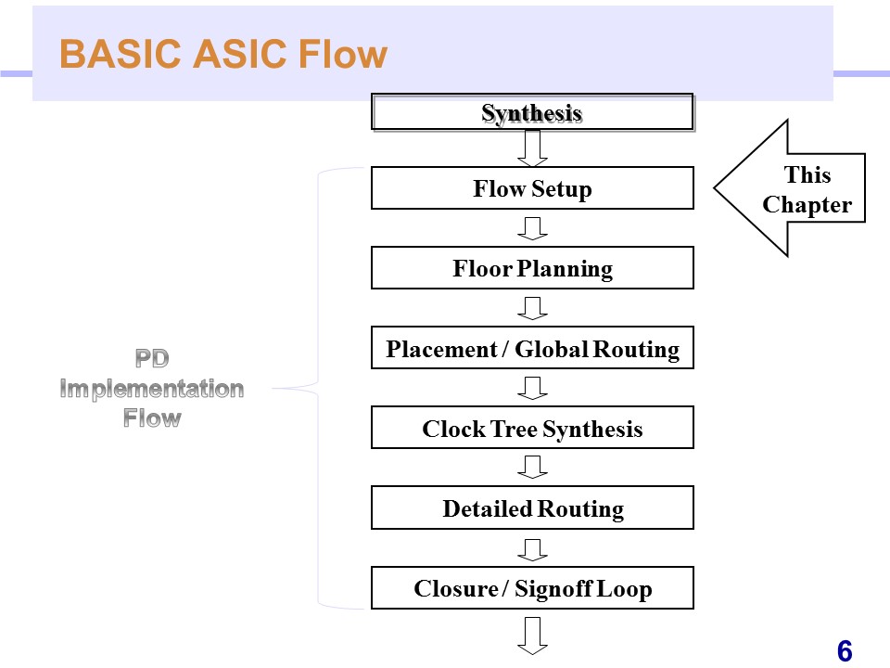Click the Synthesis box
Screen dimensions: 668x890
click(x=532, y=112)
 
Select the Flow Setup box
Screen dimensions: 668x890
click(x=532, y=188)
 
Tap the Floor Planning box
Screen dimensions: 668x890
click(x=532, y=268)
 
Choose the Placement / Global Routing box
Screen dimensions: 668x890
click(x=532, y=348)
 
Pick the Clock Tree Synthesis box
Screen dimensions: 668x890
click(x=532, y=428)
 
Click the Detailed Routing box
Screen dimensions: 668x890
click(x=532, y=507)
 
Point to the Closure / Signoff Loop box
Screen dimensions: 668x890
click(x=532, y=588)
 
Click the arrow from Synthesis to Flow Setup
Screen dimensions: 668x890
click(x=532, y=147)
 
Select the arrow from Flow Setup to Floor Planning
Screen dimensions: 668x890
click(x=532, y=227)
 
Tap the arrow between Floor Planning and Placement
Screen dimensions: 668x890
click(x=532, y=307)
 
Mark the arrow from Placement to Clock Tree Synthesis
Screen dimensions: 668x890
click(x=532, y=387)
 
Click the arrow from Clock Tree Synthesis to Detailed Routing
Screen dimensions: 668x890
click(x=532, y=467)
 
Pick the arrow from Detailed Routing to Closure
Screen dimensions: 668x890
click(x=532, y=547)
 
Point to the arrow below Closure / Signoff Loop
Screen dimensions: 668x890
click(x=532, y=636)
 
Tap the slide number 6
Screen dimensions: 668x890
click(x=844, y=651)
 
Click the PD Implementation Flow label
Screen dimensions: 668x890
click(x=152, y=388)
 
